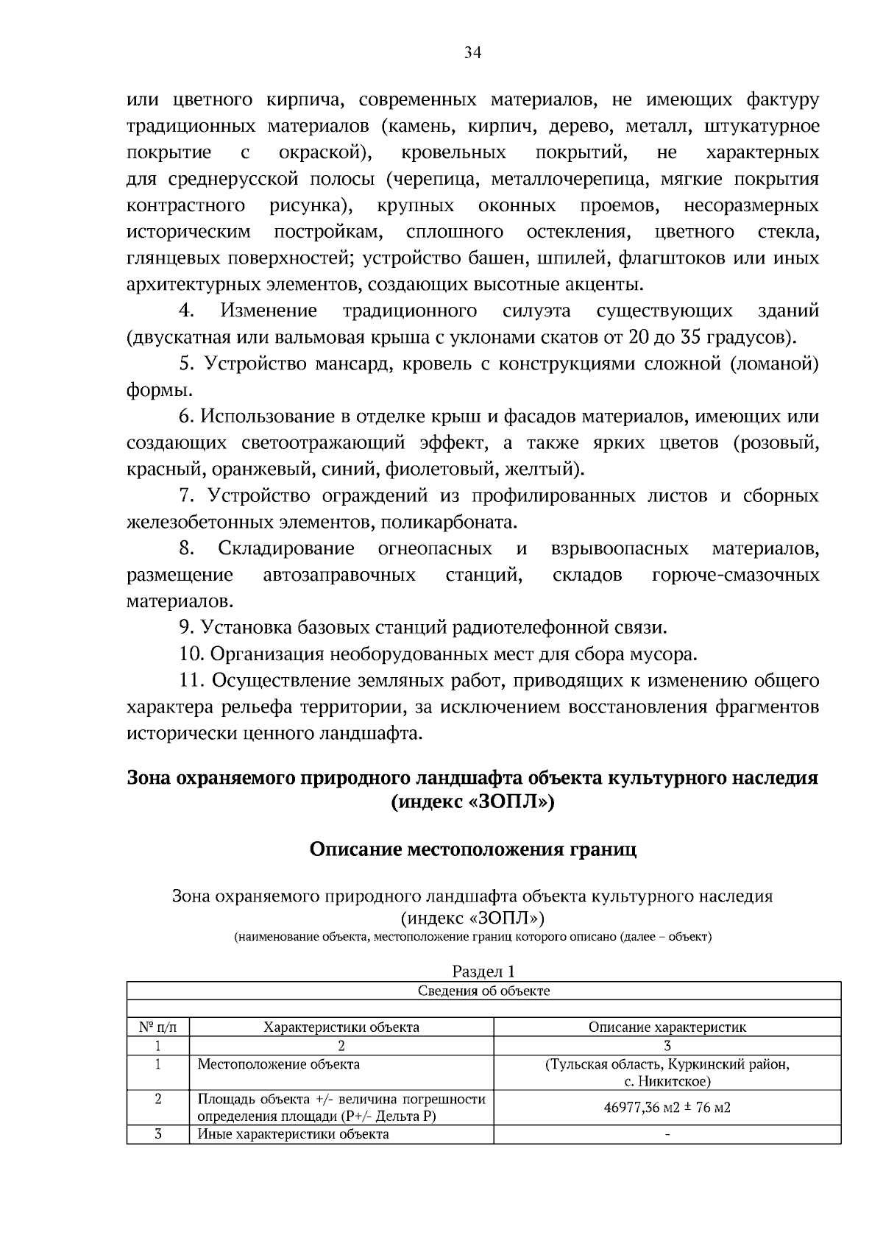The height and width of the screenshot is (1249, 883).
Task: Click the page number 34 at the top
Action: [472, 52]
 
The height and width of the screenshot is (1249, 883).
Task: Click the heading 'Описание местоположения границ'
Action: [472, 849]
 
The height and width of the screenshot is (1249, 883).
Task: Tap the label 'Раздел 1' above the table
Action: [483, 972]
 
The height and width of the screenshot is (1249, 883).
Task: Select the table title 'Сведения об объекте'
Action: [483, 991]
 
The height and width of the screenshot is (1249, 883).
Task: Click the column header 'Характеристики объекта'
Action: [341, 1027]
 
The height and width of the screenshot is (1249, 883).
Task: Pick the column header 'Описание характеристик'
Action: [667, 1027]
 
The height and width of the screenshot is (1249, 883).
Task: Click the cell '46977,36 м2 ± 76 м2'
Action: [667, 1108]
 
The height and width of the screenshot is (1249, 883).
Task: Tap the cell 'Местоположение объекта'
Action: [279, 1064]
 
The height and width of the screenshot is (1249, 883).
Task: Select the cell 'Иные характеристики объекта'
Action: [293, 1134]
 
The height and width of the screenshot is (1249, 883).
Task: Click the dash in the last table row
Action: [667, 1134]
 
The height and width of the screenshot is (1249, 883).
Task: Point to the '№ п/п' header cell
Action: [157, 1027]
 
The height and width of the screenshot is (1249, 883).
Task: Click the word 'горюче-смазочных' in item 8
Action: [735, 575]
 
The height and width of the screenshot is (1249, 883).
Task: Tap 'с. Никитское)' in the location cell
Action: [667, 1081]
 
